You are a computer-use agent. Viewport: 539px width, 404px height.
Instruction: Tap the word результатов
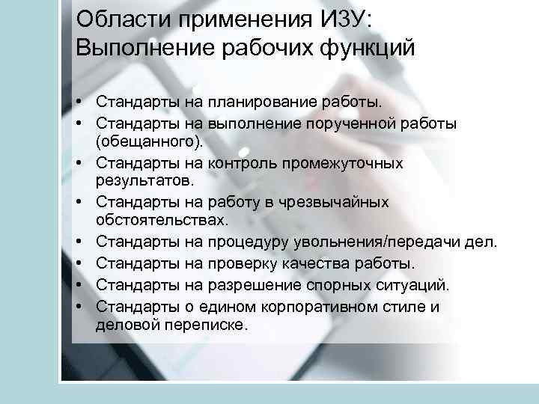144,180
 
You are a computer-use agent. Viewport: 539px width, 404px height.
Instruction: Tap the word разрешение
268,284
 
